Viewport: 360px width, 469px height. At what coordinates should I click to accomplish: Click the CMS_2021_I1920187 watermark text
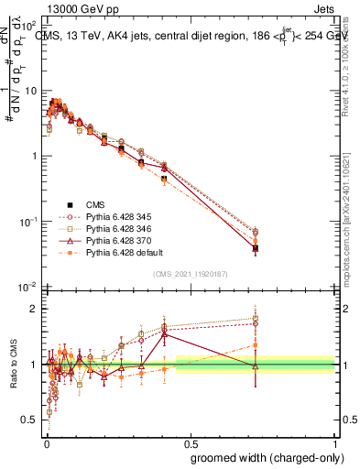pyautogui.click(x=191, y=274)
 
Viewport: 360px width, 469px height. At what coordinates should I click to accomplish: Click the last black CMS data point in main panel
pyautogui.click(x=256, y=248)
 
